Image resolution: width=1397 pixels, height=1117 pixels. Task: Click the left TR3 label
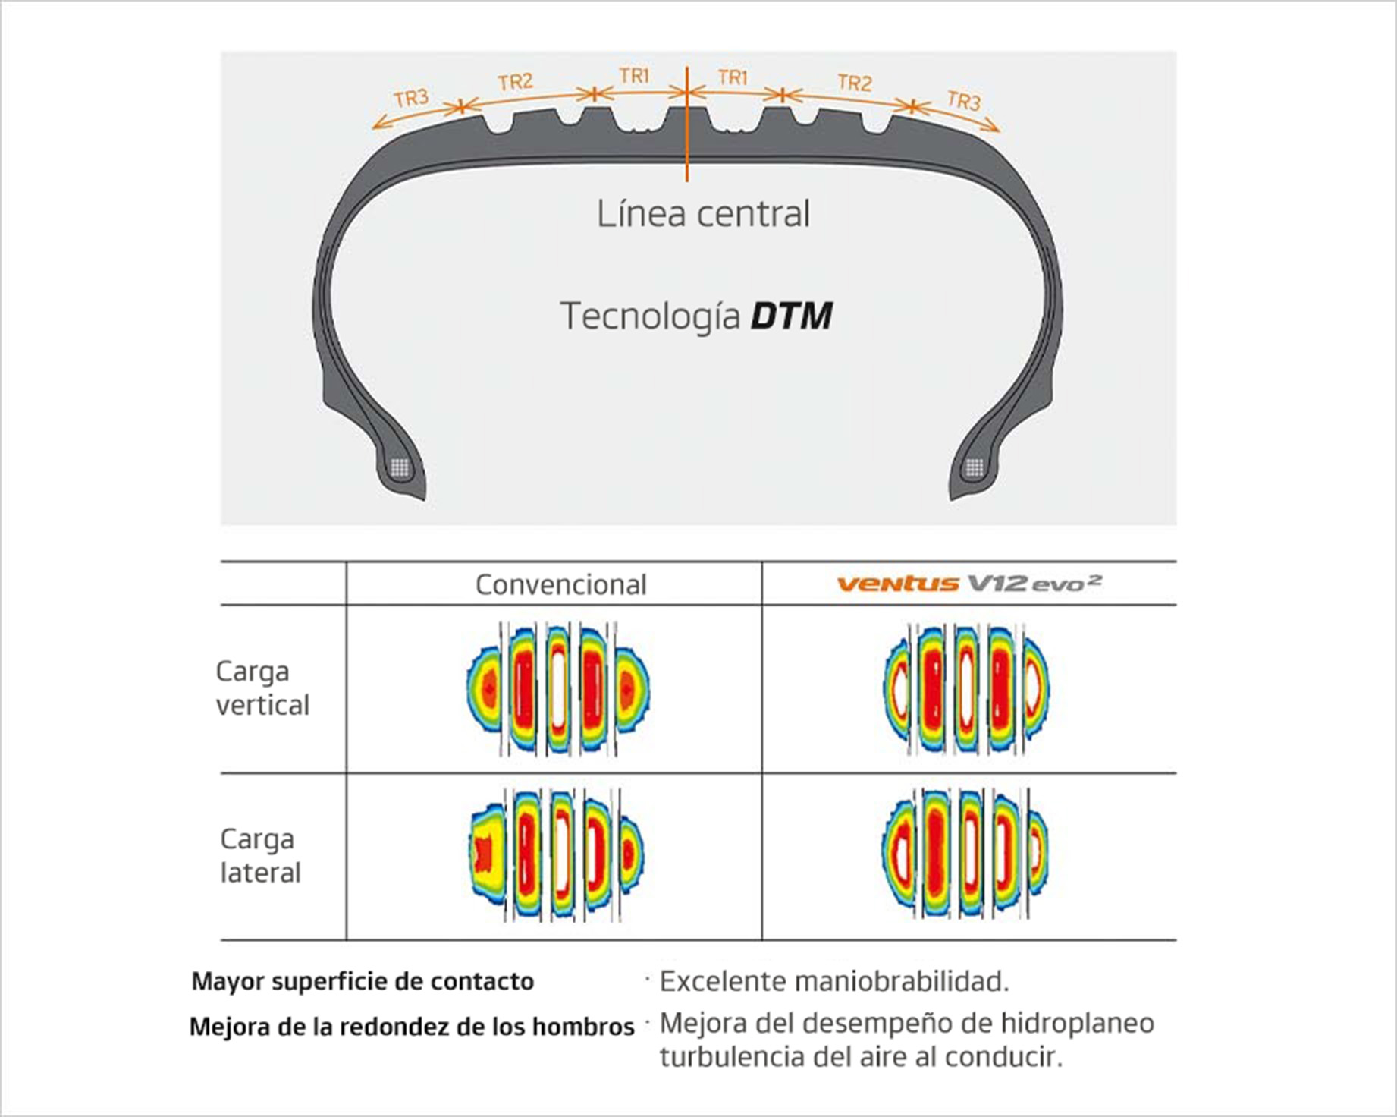coord(412,98)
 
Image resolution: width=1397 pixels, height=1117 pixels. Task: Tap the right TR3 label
coord(963,99)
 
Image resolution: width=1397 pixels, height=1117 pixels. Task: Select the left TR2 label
coord(515,81)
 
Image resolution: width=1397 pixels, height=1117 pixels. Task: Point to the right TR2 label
coord(855,82)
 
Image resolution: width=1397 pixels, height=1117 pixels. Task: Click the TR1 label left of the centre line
coord(634,76)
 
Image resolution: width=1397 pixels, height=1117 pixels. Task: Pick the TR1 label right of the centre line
coord(733,77)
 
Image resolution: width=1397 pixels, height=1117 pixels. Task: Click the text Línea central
coord(703,213)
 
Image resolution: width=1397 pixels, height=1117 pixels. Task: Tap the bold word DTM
coord(791,316)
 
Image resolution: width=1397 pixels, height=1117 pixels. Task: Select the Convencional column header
coord(560,584)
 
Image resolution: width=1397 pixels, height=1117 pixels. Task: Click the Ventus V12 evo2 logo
coord(968,583)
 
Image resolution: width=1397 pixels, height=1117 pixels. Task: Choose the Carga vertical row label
coord(262,688)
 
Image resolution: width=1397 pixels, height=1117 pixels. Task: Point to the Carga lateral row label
coord(260,856)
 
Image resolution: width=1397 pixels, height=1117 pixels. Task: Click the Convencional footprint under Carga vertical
coord(557,689)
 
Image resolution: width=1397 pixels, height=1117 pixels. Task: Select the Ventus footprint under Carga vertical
coord(966,689)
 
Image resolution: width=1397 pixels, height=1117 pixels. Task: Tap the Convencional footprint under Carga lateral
coord(557,854)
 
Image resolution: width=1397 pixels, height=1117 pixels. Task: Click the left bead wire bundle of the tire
coord(400,467)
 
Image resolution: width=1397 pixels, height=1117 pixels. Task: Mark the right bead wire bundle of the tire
coord(975,467)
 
